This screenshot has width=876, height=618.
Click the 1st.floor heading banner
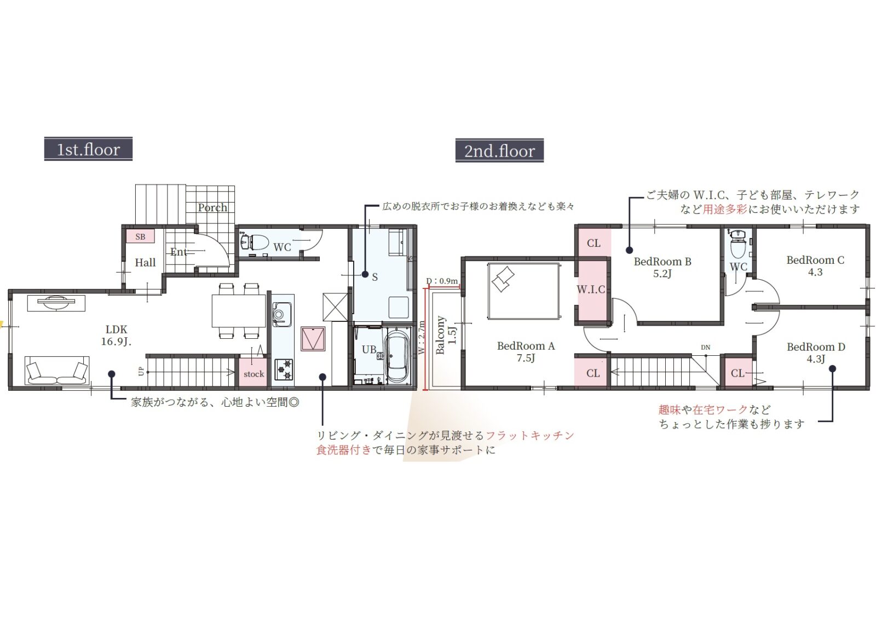pos(88,149)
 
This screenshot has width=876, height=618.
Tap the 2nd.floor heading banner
pos(499,151)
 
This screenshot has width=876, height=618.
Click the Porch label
pos(212,207)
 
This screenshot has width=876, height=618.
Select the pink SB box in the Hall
pos(140,236)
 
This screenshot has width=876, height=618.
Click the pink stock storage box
pos(254,373)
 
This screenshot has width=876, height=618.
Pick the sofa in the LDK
pos(57,371)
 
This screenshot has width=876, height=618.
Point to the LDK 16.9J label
pos(116,336)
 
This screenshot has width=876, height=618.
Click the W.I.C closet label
pos(591,290)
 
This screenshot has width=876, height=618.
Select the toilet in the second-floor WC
pos(738,244)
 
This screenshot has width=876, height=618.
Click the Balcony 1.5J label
pos(446,335)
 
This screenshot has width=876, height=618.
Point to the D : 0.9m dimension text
pos(442,281)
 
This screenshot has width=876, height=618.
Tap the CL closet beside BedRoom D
pos(738,373)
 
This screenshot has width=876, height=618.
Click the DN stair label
pos(706,347)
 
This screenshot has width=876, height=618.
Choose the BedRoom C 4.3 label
pos(815,266)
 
